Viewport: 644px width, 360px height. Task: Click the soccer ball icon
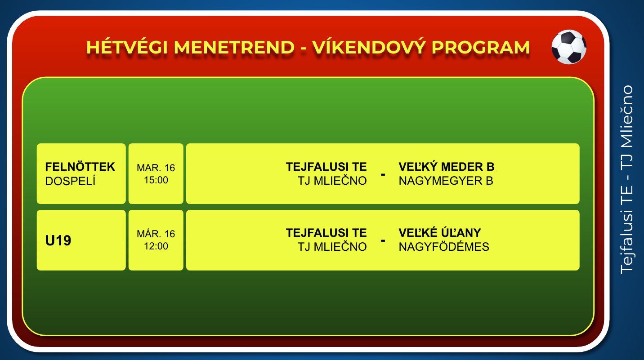(x=569, y=47)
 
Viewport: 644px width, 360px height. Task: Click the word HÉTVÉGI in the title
(x=127, y=47)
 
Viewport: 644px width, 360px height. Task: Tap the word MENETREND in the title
(x=234, y=47)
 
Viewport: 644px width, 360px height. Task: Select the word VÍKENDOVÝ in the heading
(x=369, y=47)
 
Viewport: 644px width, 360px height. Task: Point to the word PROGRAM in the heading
(x=481, y=47)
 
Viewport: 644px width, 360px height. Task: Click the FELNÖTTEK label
(x=80, y=167)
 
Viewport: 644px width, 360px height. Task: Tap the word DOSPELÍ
(x=70, y=181)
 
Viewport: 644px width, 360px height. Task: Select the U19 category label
(x=58, y=240)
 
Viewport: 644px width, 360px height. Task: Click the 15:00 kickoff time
(x=156, y=180)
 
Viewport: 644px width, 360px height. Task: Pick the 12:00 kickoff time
(x=156, y=246)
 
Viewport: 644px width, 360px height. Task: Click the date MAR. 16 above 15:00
(x=156, y=168)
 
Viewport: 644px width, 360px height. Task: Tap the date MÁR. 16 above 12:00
(x=156, y=234)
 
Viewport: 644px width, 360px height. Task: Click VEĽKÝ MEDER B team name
(x=447, y=166)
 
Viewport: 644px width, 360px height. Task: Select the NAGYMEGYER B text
(x=446, y=181)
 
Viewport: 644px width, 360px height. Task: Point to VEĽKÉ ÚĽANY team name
(x=440, y=232)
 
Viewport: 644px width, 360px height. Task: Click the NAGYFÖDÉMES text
(x=444, y=246)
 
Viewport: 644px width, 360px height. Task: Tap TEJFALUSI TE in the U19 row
(x=326, y=233)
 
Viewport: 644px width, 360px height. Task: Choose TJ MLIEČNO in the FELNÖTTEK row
(x=332, y=181)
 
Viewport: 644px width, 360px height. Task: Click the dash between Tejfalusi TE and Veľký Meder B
(x=383, y=174)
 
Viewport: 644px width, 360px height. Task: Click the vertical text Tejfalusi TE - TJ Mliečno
(x=627, y=180)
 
